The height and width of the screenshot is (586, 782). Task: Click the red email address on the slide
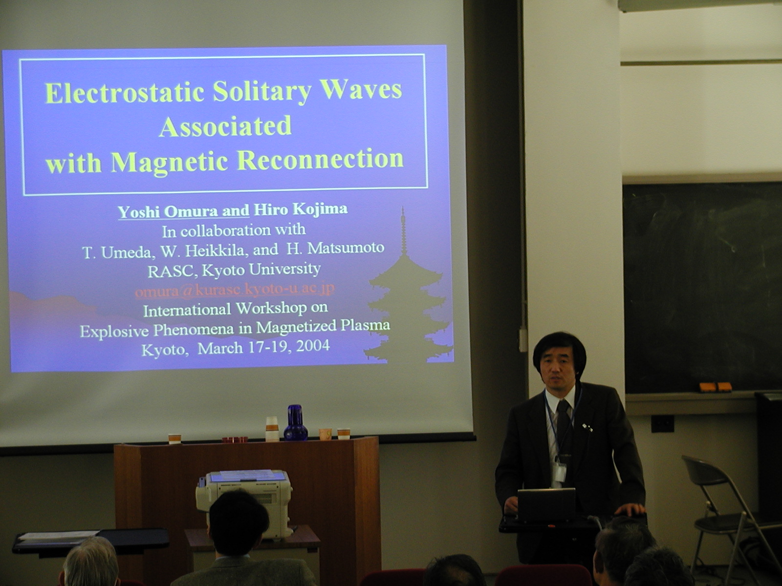coord(235,290)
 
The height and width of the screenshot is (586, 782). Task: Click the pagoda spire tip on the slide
coord(403,207)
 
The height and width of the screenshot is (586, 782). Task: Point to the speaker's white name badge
coord(561,472)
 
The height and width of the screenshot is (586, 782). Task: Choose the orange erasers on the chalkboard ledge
coord(716,387)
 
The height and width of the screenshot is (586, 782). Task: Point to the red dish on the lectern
coord(235,440)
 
